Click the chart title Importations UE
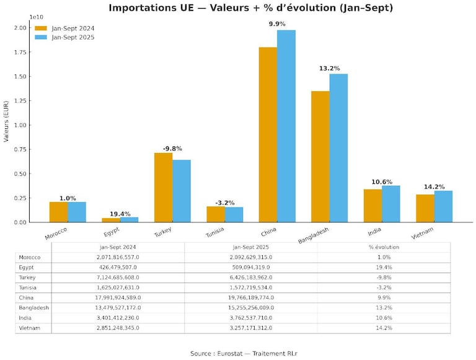[250, 8]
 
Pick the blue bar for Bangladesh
[338, 148]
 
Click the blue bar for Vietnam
[443, 206]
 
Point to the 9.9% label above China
[277, 24]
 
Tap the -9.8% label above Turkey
[172, 149]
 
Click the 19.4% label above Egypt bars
[120, 214]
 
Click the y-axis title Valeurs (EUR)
[7, 121]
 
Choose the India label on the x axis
[374, 232]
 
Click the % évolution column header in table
[384, 247]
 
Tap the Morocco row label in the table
[30, 257]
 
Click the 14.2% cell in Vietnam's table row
[384, 328]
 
